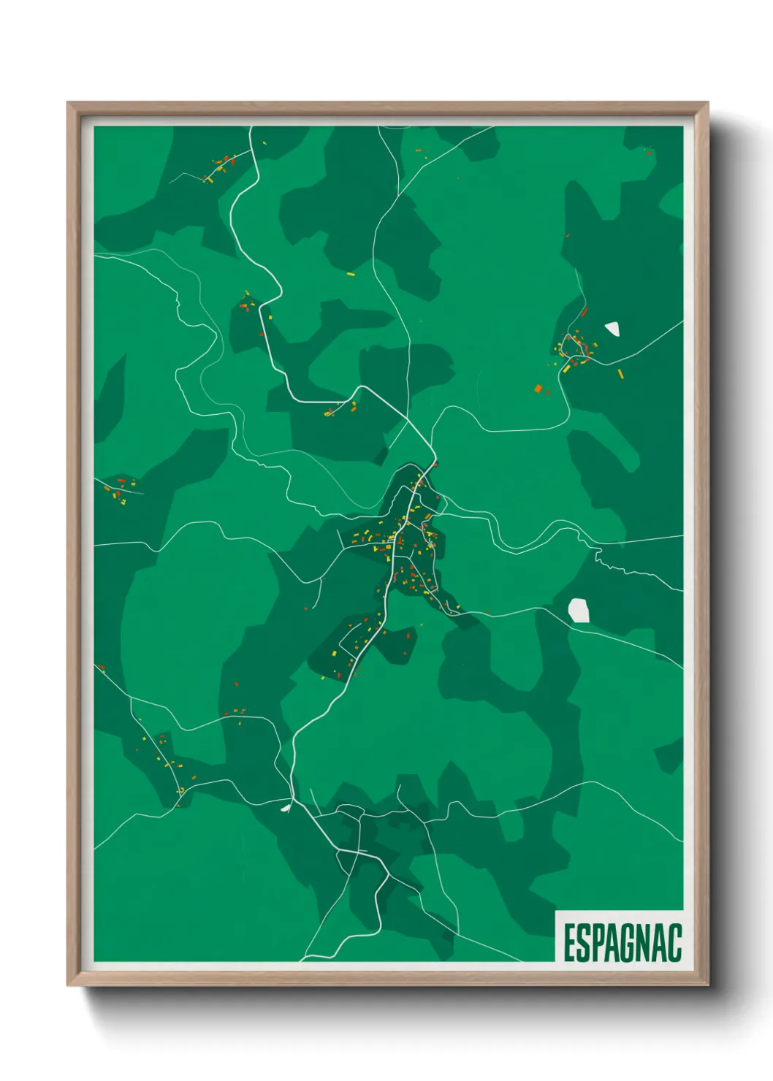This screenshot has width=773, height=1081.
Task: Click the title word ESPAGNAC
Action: [622, 942]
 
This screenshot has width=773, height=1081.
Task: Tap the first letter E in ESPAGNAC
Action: [569, 942]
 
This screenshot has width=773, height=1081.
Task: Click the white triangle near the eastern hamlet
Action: [612, 329]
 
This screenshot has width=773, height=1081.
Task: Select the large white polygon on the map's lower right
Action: [579, 611]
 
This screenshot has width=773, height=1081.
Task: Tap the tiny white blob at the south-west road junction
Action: [286, 808]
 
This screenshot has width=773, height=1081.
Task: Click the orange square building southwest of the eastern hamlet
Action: [538, 389]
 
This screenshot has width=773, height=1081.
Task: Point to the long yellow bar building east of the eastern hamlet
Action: [620, 374]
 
